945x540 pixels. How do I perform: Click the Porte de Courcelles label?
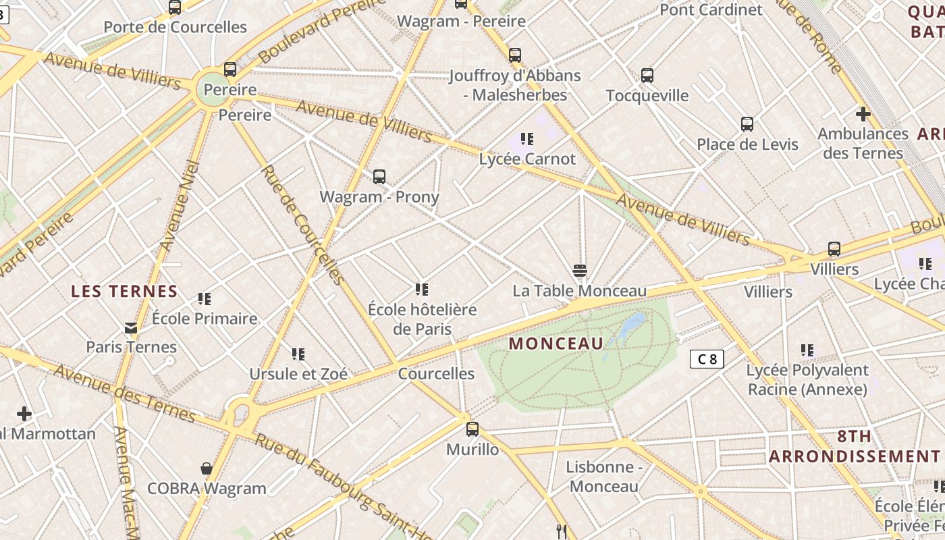point(175,27)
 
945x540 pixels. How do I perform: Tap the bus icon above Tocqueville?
point(647,76)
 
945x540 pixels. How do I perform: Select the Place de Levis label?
point(747,144)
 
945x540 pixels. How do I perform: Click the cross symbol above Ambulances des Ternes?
point(863,113)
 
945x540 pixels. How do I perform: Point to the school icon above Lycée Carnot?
point(527,139)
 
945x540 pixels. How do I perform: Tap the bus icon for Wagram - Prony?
point(379,177)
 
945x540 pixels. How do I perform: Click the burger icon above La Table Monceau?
point(579,271)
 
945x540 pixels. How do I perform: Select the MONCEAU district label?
point(556,343)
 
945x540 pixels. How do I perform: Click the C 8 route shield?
point(707,358)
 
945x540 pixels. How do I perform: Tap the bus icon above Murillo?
point(473,429)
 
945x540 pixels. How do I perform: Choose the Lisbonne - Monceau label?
point(603,477)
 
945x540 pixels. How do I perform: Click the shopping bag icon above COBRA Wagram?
point(207,468)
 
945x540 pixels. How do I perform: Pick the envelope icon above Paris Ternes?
point(131,328)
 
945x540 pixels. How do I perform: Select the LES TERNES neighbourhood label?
point(124,292)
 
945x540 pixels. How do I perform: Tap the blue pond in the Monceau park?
point(632,325)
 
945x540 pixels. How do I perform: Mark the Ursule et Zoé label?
point(298,374)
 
